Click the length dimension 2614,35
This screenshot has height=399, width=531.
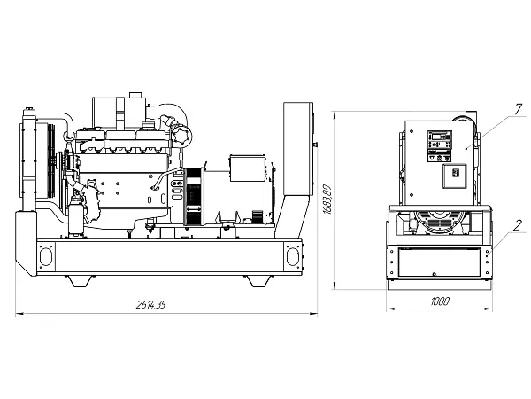pos(151,304)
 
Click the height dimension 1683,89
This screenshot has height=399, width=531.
pos(327,199)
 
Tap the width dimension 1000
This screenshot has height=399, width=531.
pos(440,301)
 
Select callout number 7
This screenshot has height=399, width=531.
pos(518,109)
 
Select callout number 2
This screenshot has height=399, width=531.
pos(517,225)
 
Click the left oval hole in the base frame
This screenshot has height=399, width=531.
pos(46,256)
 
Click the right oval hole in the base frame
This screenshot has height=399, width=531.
pos(293,256)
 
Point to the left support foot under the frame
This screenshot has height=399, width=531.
pos(80,281)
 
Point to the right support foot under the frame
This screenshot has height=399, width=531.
pos(258,281)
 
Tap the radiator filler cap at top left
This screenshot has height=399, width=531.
pos(29,111)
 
